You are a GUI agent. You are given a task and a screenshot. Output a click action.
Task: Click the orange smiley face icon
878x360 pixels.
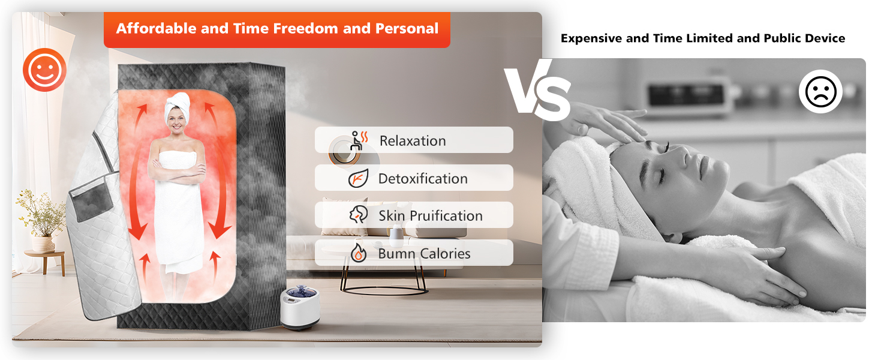[x=44, y=70]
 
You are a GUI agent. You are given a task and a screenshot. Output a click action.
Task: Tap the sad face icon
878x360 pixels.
[x=820, y=91]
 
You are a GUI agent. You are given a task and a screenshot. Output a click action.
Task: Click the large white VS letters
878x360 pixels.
[x=537, y=90]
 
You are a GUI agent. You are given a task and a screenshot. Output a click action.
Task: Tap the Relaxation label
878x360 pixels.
[x=413, y=141]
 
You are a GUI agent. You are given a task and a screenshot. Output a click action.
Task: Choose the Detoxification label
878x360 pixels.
[x=423, y=178]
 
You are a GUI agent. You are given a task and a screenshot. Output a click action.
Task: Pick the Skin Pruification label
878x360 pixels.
[x=431, y=215]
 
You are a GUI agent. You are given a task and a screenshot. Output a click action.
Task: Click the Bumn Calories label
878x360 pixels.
[x=424, y=253]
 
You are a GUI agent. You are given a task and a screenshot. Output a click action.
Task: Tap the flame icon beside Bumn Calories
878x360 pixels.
[x=358, y=252]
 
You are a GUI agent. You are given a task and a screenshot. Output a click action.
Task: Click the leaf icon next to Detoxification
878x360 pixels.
[x=358, y=178]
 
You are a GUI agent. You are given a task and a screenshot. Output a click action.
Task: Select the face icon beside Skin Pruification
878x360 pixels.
[x=359, y=215]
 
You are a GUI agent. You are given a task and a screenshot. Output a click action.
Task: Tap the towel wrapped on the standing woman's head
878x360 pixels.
[x=178, y=106]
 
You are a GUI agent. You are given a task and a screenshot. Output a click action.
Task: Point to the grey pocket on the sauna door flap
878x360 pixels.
[x=92, y=198]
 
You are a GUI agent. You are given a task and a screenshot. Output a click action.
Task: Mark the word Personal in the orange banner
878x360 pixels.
[x=407, y=28]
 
